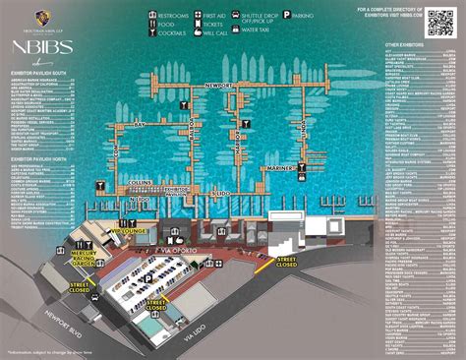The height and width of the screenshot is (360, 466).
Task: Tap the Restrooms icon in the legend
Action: (153, 16)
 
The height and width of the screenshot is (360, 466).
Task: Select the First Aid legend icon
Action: (197, 16)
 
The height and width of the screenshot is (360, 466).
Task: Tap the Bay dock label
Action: (139, 126)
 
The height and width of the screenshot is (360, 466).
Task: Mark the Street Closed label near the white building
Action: (286, 262)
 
